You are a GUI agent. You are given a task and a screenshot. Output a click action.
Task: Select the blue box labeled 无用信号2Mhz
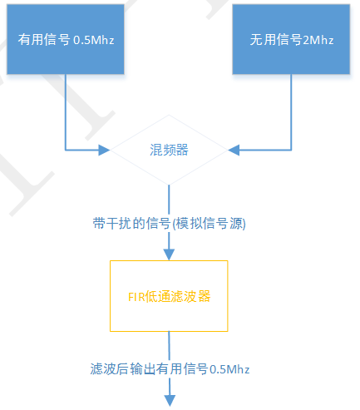[291, 40]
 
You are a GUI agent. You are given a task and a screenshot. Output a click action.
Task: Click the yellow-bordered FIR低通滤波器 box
[169, 296]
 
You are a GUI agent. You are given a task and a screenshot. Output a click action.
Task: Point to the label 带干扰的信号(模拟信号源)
[170, 225]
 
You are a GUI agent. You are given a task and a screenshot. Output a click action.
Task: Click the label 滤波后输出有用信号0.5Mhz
[170, 368]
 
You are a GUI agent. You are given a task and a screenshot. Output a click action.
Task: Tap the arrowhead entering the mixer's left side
[104, 151]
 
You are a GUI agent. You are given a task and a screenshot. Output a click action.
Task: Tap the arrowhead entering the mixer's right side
[234, 151]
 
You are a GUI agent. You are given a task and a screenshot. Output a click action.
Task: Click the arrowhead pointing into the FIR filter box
[170, 254]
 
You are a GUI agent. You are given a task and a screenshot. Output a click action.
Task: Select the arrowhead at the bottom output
[170, 400]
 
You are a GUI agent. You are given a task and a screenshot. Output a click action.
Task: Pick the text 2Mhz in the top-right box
[320, 40]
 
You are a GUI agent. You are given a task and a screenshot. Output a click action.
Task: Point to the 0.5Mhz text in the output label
[230, 368]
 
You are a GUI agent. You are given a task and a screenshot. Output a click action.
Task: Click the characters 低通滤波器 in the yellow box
[177, 297]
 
